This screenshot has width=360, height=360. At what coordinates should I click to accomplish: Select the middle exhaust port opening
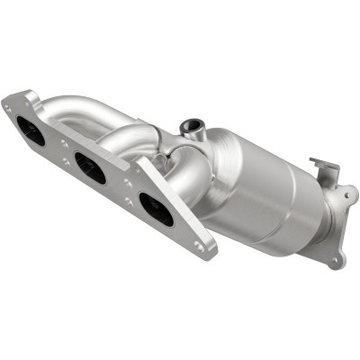(91, 166)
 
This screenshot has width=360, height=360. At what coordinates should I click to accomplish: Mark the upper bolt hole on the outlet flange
(346, 191)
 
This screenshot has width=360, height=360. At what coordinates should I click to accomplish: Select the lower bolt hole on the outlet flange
(335, 261)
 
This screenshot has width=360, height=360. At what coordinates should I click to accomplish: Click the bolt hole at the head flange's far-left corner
(9, 105)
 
